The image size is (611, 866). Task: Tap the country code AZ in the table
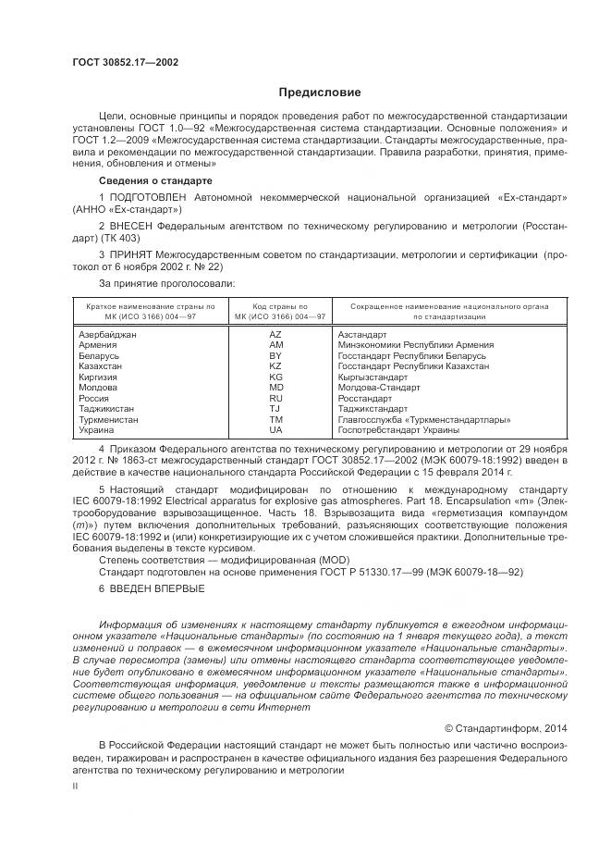(275, 334)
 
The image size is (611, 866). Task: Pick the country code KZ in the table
(275, 366)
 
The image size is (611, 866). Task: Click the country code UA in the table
(275, 430)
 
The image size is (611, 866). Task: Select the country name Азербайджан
(108, 334)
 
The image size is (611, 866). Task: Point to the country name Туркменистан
(109, 419)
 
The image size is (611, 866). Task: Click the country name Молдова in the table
(99, 388)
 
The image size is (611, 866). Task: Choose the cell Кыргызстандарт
(373, 377)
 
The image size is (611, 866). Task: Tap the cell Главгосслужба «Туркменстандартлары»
(413, 419)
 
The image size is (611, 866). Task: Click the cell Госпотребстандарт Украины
(397, 430)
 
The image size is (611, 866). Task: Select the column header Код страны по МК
(275, 311)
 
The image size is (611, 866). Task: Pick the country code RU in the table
(275, 398)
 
